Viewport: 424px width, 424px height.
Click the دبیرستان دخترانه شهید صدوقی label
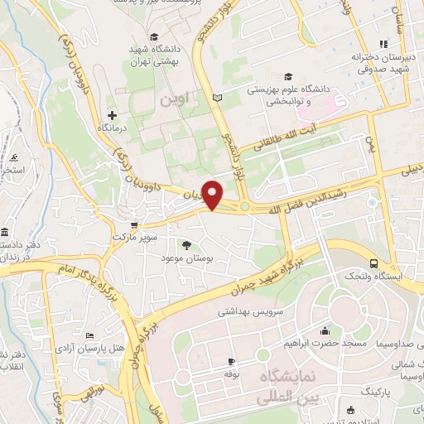(x=382, y=65)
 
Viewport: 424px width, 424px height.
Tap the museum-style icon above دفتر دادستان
(x=7, y=230)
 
